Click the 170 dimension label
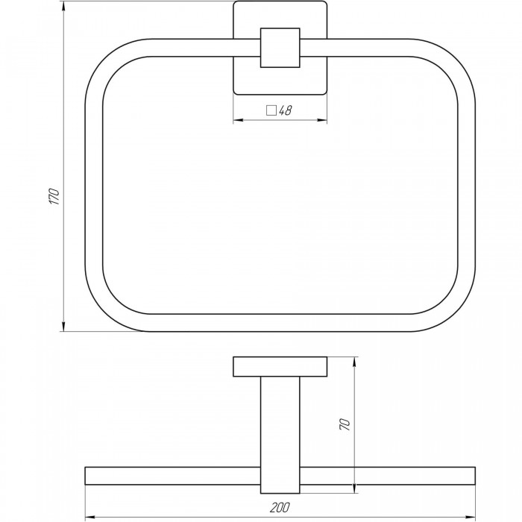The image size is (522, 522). click(x=54, y=196)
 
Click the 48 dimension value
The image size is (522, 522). click(x=285, y=110)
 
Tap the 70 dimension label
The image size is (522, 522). click(x=345, y=425)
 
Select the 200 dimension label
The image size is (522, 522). click(x=280, y=507)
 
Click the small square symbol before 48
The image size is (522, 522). click(x=271, y=110)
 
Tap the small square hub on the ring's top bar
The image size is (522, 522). click(x=280, y=48)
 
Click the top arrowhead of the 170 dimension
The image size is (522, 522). click(x=63, y=6)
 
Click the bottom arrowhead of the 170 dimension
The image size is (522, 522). click(x=63, y=327)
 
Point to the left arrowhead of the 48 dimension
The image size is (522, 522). click(x=238, y=120)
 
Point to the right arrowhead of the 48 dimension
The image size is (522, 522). click(x=322, y=120)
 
